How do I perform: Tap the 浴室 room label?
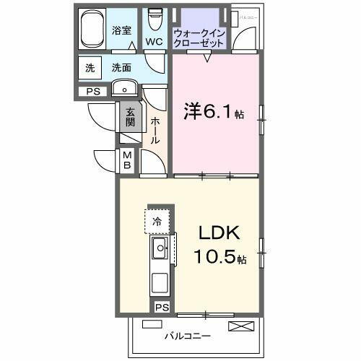pos(122,30)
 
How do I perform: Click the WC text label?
pos(154,42)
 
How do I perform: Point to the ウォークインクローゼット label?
pos(199,38)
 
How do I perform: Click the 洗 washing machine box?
pos(90,69)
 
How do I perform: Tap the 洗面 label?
pos(121,69)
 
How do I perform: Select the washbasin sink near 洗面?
pos(124,90)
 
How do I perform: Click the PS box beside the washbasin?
pos(93,92)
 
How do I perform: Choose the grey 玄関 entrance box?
pos(130,117)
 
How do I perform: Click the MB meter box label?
pos(126,160)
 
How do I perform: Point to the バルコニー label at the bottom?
pos(187,336)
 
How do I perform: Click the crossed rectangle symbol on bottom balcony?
pos(240,326)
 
